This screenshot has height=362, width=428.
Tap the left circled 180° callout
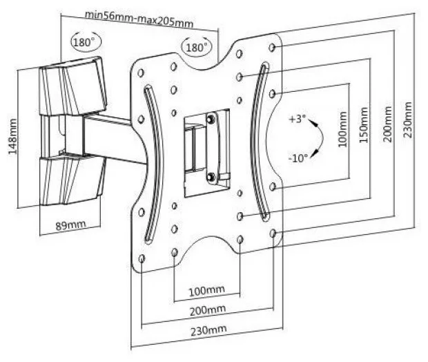tap(82, 41)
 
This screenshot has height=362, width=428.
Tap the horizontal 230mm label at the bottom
tap(208, 332)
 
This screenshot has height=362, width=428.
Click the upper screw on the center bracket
tap(210, 119)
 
